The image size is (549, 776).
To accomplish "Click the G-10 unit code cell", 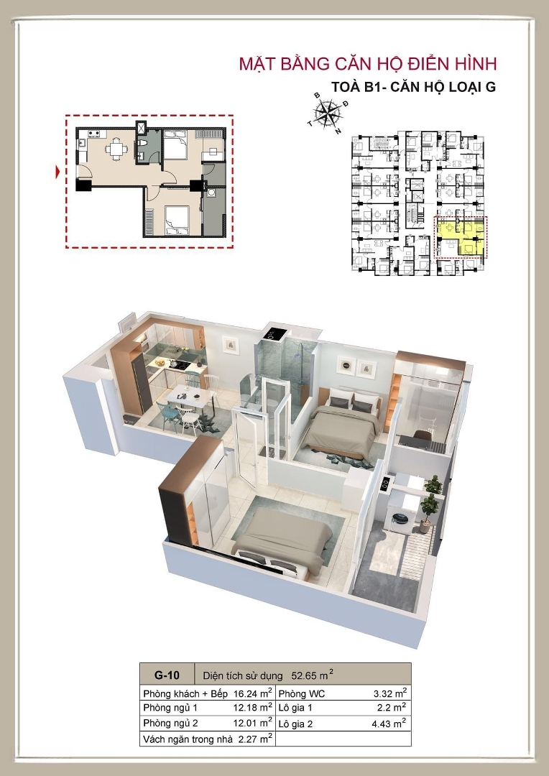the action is tap(167, 675).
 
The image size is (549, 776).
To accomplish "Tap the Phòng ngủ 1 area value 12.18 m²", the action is tap(253, 707).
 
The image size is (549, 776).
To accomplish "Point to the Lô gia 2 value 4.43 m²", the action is tap(389, 724).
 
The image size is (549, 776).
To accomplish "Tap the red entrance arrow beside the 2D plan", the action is tap(58, 172).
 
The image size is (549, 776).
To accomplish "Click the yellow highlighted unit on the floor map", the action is tap(461, 236).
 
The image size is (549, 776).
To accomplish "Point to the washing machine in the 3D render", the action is tap(400, 516).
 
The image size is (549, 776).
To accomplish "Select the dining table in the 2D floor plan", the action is tap(116, 147).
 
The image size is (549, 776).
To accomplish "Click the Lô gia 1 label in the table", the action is tap(295, 708).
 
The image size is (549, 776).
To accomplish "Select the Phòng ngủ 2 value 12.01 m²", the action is tap(253, 723).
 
